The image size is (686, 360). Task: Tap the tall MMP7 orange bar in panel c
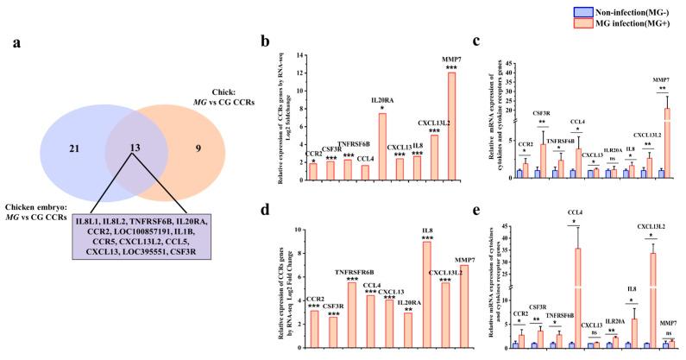point(665,137)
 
